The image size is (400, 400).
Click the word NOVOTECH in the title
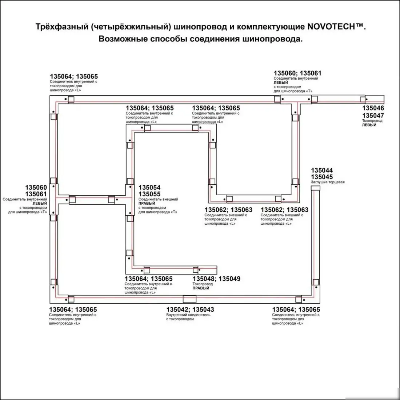(329, 27)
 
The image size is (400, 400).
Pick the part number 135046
(373, 108)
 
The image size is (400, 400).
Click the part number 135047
(373, 116)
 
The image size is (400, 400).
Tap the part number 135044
(322, 171)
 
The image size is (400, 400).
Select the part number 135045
(322, 177)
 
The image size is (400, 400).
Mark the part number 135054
(149, 188)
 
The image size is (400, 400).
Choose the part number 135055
(149, 194)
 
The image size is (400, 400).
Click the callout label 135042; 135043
(190, 310)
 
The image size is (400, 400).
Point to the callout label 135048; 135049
(216, 279)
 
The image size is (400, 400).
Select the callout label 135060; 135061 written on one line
(297, 73)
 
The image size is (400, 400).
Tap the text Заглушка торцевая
(327, 182)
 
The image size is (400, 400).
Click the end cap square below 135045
(315, 188)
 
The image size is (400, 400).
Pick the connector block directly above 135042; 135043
(189, 299)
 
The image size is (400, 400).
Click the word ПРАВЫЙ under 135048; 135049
(201, 288)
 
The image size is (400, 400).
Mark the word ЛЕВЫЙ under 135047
(369, 125)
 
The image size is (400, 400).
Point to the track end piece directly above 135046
(375, 99)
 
